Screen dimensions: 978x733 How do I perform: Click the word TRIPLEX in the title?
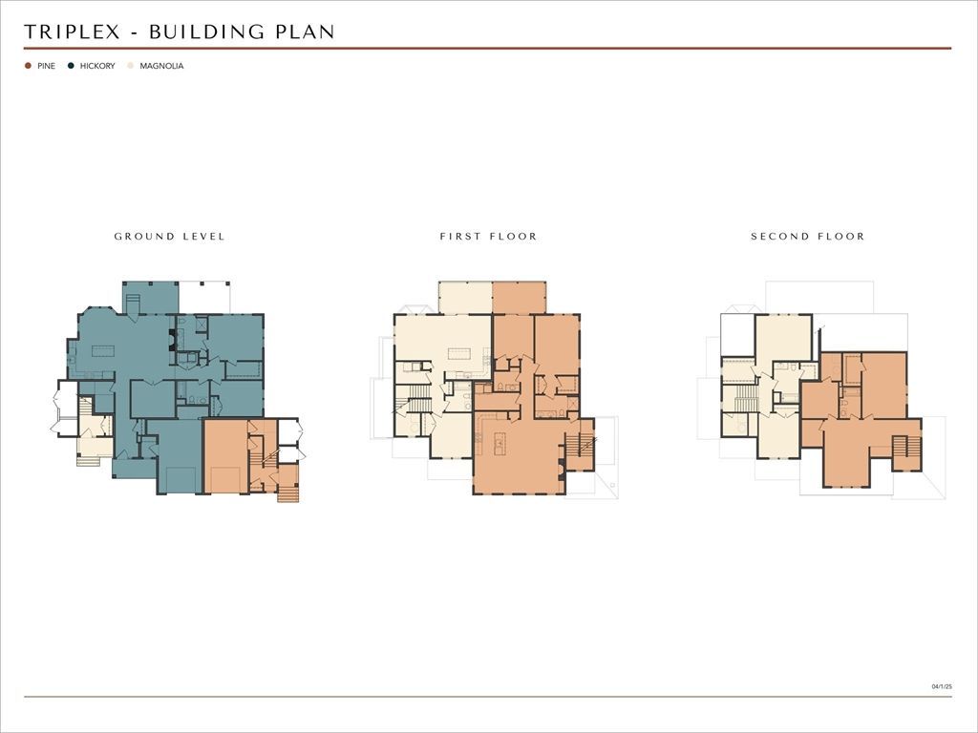tap(72, 31)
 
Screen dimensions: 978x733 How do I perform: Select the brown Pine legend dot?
tap(28, 66)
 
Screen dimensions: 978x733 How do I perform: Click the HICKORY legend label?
tap(97, 66)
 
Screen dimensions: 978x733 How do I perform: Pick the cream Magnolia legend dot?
tap(130, 66)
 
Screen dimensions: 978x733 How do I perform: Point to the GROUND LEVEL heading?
tap(169, 237)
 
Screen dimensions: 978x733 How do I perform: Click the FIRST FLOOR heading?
tap(488, 237)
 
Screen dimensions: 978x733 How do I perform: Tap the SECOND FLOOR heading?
tap(808, 237)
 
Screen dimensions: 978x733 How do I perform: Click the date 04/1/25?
tap(942, 686)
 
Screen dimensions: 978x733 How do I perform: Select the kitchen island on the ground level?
tap(103, 351)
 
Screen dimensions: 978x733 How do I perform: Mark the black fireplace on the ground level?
tap(172, 339)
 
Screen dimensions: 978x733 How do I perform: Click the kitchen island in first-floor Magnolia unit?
tap(459, 354)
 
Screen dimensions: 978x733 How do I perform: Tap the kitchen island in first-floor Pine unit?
tap(500, 444)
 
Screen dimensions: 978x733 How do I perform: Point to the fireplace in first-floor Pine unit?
tap(562, 469)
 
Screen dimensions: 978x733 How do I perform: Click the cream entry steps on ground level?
tap(88, 461)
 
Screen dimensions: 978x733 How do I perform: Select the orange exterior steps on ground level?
tap(287, 493)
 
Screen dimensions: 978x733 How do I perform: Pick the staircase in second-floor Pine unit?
tap(906, 448)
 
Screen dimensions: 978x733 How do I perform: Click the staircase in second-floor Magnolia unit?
tap(746, 398)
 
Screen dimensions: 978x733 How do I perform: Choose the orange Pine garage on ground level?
tap(225, 456)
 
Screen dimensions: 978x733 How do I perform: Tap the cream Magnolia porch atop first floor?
tap(465, 298)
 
